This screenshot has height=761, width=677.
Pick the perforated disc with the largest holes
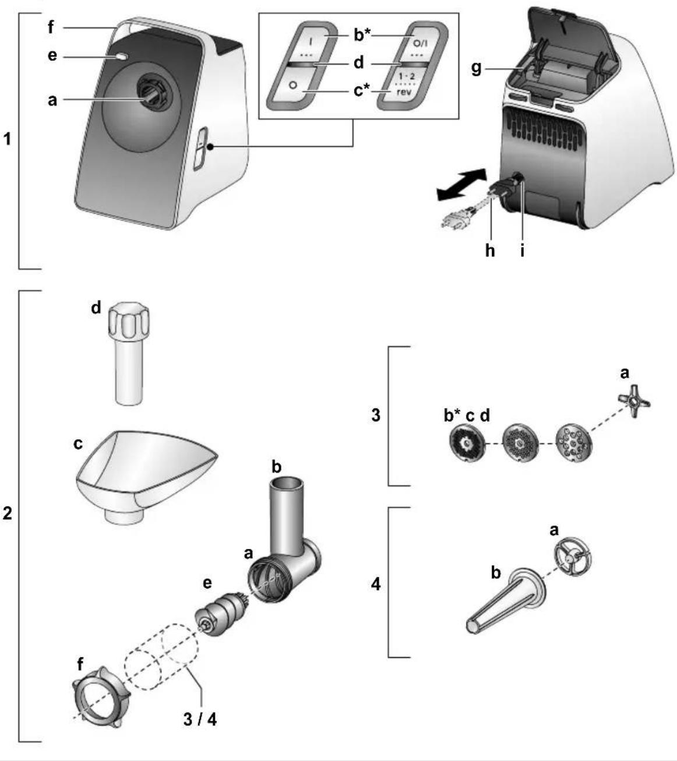point(574,443)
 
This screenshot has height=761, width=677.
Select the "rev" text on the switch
point(404,91)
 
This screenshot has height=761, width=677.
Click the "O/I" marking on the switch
point(421,43)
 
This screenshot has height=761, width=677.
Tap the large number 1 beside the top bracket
point(8,139)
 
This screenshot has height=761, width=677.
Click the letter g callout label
point(476,69)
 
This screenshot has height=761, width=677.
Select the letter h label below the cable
point(490,249)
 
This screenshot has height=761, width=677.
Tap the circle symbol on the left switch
point(293,85)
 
